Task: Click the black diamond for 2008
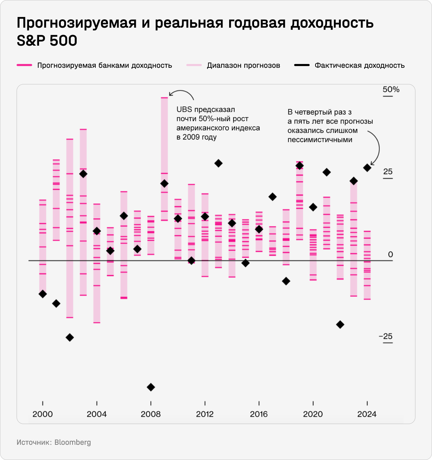click(151, 387)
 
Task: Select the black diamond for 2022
click(340, 324)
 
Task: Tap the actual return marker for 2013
click(218, 163)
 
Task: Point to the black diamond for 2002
click(70, 337)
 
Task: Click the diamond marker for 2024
click(367, 168)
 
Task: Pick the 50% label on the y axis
click(391, 90)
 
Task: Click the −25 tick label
click(386, 337)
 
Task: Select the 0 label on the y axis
click(391, 255)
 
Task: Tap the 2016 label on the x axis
click(259, 414)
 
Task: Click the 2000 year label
click(43, 414)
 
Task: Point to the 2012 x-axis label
click(205, 414)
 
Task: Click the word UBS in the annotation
click(184, 110)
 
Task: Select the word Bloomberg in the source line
click(73, 442)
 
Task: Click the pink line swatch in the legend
click(24, 65)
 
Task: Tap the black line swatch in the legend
click(301, 65)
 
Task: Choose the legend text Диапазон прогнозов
click(243, 65)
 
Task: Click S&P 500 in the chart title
click(47, 41)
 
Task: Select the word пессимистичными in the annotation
click(320, 140)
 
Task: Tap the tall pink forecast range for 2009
click(165, 138)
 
